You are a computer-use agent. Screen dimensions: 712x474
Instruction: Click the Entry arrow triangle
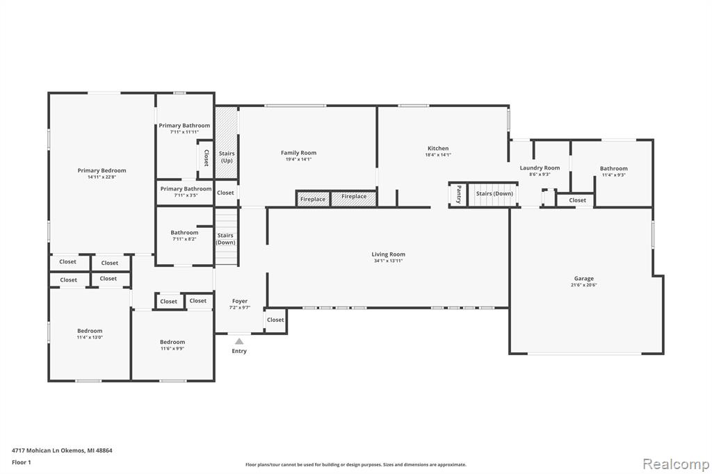point(239,341)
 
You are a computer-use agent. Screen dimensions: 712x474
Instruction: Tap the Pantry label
point(459,195)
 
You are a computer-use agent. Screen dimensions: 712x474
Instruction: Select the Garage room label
point(583,278)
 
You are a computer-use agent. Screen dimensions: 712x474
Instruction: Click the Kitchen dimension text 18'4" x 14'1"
point(438,155)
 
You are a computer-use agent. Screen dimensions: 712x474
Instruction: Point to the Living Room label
point(388,254)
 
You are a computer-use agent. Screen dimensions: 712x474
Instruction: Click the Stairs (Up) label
point(227,157)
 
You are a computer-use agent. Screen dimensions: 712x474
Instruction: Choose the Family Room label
point(298,153)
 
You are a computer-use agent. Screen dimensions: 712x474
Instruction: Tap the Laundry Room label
point(540,168)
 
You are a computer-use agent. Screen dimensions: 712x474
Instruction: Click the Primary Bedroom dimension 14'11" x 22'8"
point(102,177)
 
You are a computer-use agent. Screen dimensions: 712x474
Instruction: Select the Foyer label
point(240,301)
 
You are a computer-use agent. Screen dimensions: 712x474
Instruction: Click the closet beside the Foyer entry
point(275,320)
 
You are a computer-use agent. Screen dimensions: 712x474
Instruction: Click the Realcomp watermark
point(676,464)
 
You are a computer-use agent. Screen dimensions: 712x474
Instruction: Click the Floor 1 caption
point(22,462)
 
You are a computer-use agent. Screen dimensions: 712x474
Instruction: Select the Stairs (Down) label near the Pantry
point(494,193)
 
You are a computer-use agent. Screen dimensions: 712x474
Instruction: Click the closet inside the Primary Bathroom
point(206,158)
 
